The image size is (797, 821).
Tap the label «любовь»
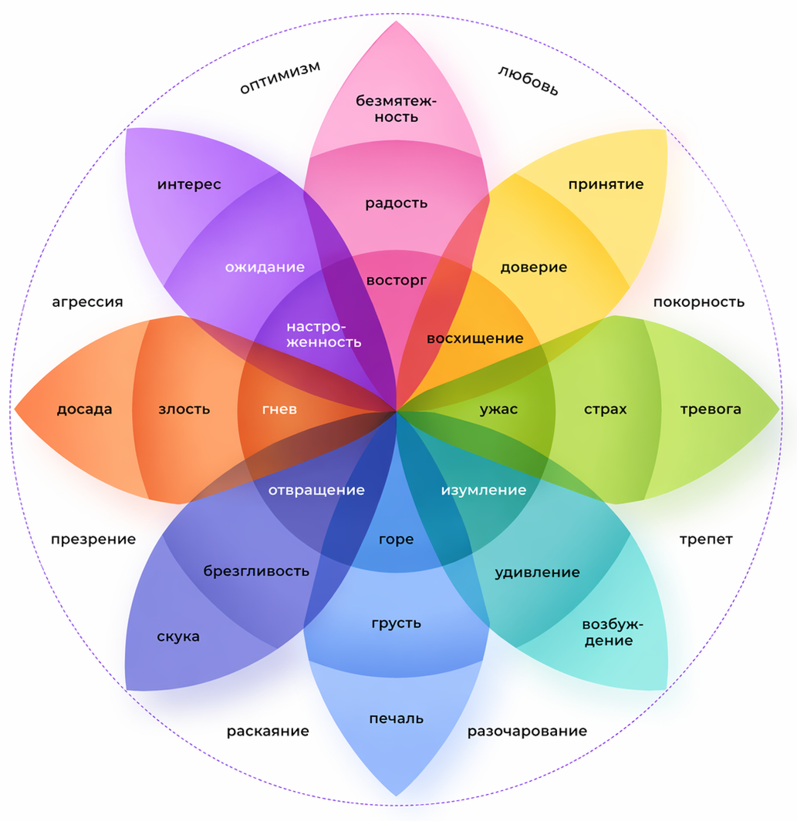528,80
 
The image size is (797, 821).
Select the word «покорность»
698,302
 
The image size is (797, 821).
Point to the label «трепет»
706,539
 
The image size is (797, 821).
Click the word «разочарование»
527,731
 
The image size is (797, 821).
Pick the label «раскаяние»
268,731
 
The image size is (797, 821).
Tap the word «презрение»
93,539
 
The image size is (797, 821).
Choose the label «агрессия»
87,302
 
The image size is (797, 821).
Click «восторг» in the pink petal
397,281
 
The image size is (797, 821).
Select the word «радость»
397,204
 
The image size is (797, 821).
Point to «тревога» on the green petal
711,409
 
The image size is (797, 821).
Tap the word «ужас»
498,409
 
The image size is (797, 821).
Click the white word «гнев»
279,409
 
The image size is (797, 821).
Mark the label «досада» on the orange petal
84,409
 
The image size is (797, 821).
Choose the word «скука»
178,637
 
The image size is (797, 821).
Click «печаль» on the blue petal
397,718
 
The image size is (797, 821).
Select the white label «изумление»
484,490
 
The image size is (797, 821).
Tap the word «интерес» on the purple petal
189,184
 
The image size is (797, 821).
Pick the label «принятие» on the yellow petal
606,184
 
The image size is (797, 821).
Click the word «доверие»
534,267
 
